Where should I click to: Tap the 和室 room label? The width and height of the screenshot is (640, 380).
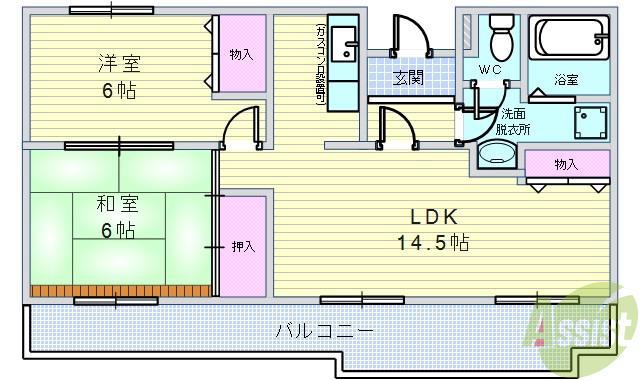coord(118,205)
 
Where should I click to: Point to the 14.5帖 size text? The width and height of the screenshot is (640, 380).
coord(432,242)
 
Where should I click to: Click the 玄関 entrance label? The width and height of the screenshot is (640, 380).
coord(406,77)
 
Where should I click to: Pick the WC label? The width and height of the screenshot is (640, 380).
coord(490,70)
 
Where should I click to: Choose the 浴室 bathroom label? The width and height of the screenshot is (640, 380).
coord(565,80)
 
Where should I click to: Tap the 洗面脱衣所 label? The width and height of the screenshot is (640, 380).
coord(512,120)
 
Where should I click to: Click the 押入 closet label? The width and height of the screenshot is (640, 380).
coord(243,245)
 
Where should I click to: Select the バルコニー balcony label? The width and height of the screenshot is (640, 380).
coord(325,330)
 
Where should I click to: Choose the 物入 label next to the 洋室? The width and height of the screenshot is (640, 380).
coord(240,53)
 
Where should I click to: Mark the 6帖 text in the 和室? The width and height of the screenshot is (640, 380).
coord(118,230)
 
